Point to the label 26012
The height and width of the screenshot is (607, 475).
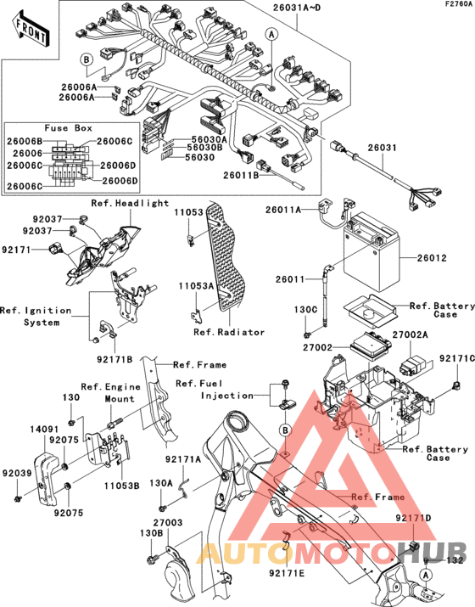[433, 258]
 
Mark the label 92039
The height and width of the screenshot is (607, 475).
[16, 474]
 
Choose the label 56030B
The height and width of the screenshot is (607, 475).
[204, 148]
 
